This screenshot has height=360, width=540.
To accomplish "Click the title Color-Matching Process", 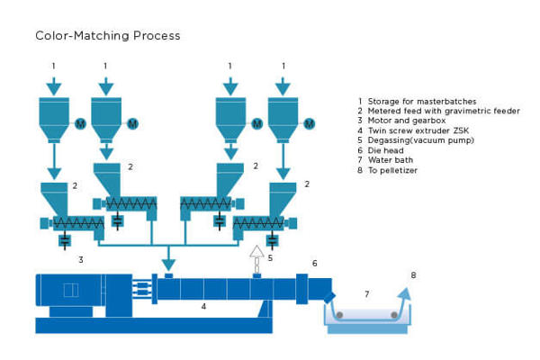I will (108, 36).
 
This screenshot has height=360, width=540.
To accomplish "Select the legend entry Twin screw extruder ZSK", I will (414, 130).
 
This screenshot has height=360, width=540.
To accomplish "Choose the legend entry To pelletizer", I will (392, 170).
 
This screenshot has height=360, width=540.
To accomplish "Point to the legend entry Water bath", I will (389, 160).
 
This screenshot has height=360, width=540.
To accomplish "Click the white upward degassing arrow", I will (256, 253).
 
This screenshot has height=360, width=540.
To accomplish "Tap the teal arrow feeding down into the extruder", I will (167, 264).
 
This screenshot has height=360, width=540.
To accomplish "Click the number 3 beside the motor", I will (81, 259).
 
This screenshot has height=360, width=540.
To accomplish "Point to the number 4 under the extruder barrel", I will (203, 307).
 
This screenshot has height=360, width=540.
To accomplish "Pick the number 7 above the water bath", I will (366, 293).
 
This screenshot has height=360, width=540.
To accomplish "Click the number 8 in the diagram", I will (413, 274).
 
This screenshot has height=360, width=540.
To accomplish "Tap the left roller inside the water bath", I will (339, 314).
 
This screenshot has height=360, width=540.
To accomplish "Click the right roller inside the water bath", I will (393, 314).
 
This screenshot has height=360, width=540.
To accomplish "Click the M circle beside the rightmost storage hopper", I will (310, 123).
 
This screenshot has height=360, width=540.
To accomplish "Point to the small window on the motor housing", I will (72, 290).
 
